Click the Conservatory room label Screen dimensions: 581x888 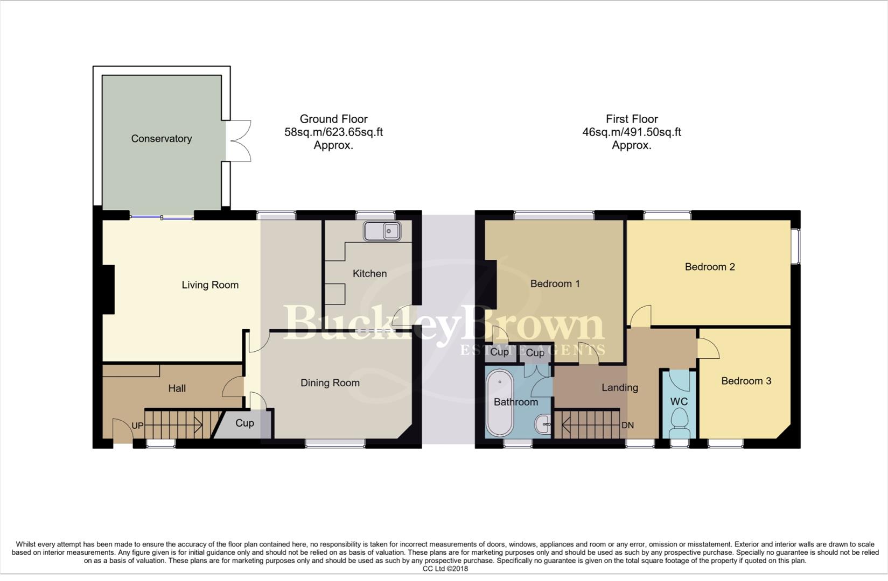point(161,139)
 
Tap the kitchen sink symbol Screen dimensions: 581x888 point(382,231)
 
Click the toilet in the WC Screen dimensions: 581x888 point(679,422)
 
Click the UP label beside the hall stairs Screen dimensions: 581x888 point(137,426)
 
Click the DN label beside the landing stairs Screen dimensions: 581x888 point(627,425)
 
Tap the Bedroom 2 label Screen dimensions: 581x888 point(709,267)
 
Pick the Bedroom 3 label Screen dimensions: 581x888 point(746,381)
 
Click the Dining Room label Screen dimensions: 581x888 point(330,383)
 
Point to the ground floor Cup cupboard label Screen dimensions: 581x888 point(244,423)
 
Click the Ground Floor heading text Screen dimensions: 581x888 point(333,119)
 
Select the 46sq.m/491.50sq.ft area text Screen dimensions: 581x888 point(631,132)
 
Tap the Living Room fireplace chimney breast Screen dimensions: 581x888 point(108,289)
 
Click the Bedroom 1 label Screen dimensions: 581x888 point(555,284)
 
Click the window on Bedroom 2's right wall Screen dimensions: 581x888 point(798,246)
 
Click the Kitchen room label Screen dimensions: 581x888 point(369,273)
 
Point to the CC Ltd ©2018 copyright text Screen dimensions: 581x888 point(445,569)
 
